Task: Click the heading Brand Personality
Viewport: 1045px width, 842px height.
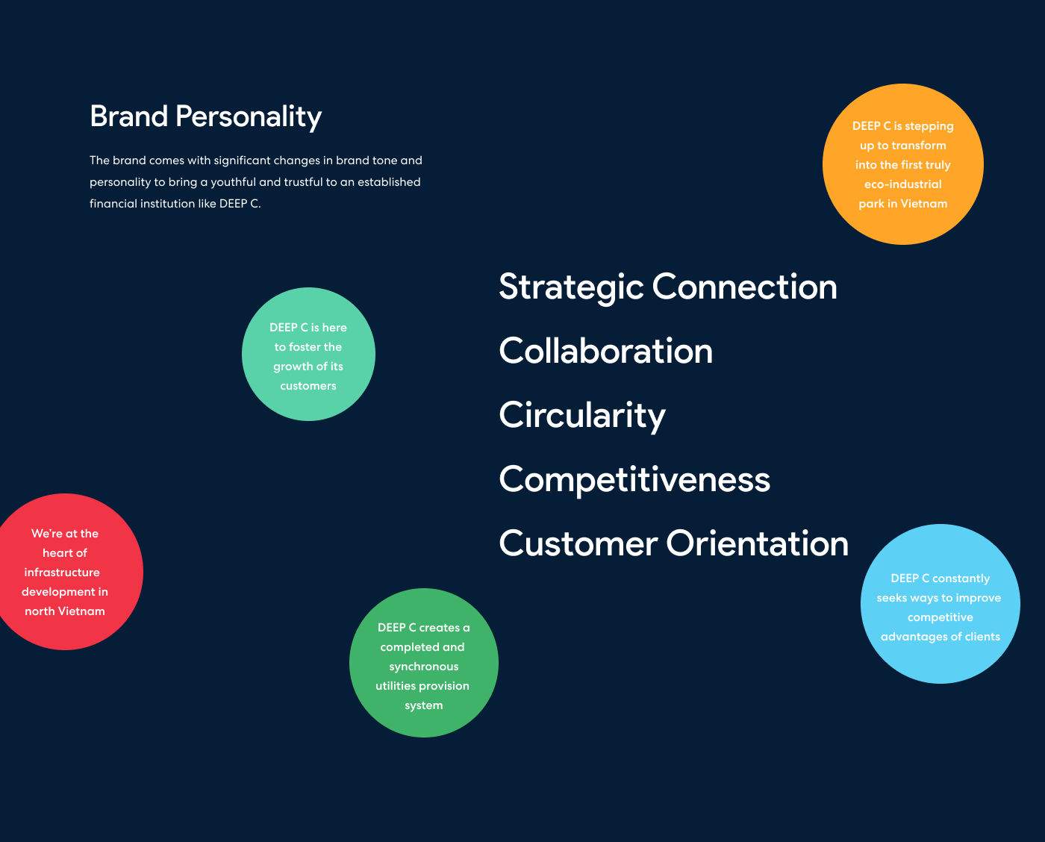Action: [205, 116]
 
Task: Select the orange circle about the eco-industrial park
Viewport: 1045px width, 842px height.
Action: [902, 164]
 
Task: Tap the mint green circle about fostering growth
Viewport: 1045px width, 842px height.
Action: [308, 354]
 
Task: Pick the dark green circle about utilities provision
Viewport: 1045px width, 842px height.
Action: [423, 663]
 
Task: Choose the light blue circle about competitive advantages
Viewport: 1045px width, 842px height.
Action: [940, 604]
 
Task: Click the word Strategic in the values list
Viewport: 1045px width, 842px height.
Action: [570, 287]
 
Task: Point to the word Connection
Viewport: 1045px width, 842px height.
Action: [744, 287]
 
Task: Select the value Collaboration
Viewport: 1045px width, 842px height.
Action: [605, 351]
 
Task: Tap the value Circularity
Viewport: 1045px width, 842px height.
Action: [581, 416]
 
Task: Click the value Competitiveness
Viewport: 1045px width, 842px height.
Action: [634, 479]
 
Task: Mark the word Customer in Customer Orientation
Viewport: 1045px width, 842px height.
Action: [578, 543]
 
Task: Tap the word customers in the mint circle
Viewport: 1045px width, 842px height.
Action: [308, 386]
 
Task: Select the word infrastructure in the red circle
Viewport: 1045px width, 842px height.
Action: [62, 573]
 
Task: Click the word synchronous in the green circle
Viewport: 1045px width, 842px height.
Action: [423, 667]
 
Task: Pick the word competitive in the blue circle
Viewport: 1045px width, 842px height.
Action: [940, 617]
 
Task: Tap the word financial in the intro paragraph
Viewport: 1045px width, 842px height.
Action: [113, 204]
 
